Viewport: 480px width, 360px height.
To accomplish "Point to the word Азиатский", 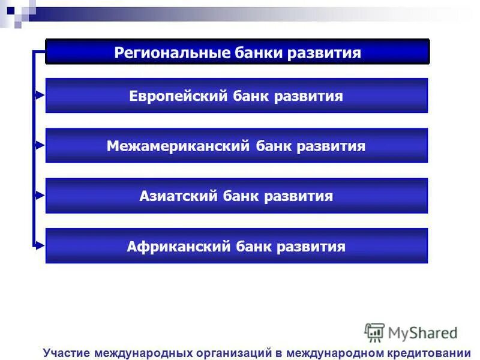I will click(177, 196).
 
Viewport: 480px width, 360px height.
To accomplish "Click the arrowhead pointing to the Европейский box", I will click(40, 95).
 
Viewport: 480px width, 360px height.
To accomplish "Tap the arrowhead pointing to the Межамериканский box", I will click(40, 145).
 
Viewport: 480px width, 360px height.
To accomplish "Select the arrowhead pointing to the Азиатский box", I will click(40, 195).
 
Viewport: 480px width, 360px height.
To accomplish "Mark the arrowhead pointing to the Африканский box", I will click(40, 245).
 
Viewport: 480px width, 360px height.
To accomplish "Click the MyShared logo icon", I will click(374, 332).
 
